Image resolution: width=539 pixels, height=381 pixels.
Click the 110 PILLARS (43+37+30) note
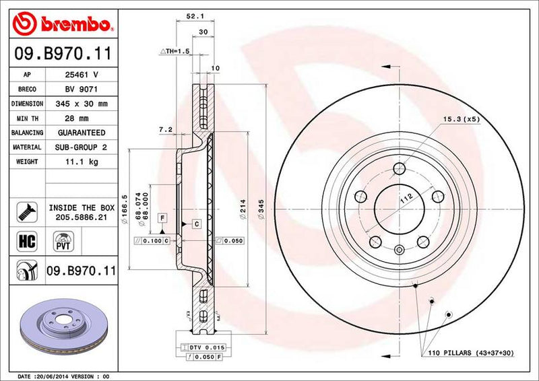coord(470,353)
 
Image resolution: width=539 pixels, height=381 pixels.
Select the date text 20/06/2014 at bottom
coord(53,376)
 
